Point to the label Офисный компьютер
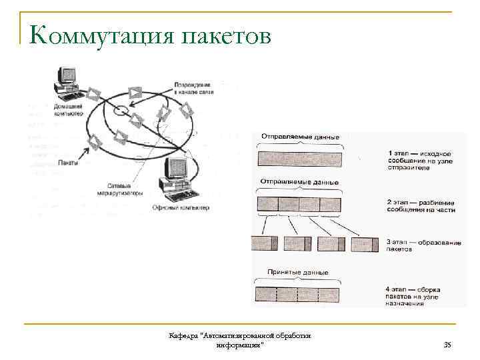coord(181,207)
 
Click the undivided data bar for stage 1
coord(299,159)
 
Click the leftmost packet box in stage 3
coord(265,243)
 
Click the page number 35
coord(447,344)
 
